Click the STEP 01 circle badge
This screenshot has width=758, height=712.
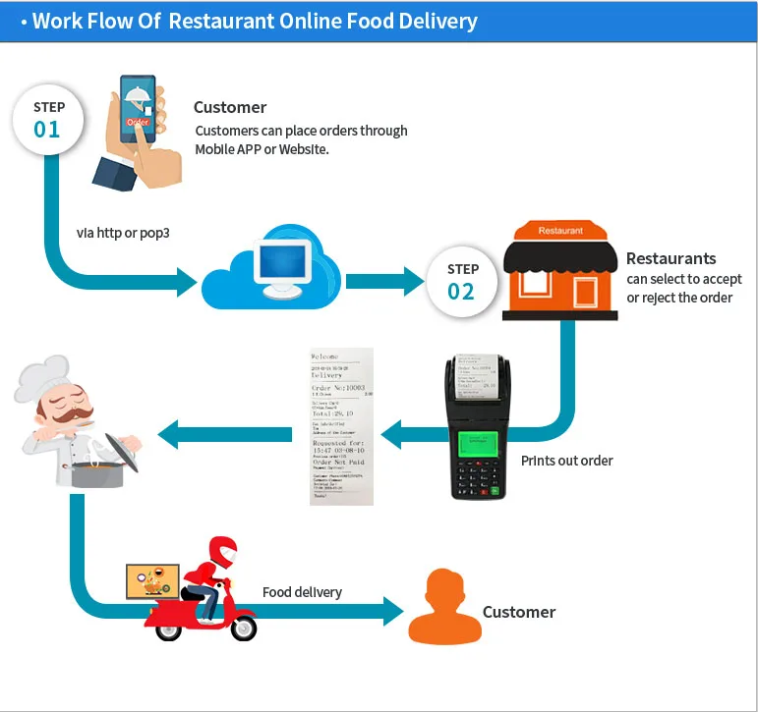click(48, 119)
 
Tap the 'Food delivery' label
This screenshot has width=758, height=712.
click(302, 592)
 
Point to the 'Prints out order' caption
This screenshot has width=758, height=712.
click(566, 460)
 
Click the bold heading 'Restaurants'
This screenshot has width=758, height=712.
click(671, 259)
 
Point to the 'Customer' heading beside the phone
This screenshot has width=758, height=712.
click(230, 107)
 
